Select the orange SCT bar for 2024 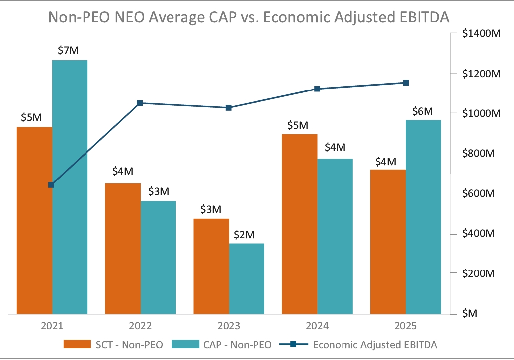(x=300, y=224)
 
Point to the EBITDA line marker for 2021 (x=51, y=185)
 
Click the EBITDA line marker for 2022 (x=140, y=103)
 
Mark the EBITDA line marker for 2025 (x=406, y=83)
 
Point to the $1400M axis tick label (x=481, y=33)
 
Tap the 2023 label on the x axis (x=229, y=327)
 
